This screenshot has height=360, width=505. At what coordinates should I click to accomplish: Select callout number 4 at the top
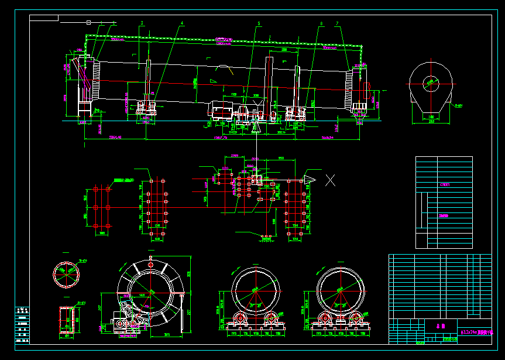point(182,23)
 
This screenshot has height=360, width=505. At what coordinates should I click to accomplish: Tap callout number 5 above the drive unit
point(258,23)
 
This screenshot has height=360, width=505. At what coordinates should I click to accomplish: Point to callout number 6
point(321,23)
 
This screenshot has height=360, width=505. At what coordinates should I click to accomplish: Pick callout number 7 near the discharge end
point(338,23)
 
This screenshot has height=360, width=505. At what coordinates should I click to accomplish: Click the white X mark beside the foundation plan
point(331,180)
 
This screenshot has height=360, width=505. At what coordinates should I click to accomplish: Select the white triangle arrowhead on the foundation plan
point(309,180)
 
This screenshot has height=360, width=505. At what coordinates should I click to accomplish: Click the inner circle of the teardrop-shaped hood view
point(432,83)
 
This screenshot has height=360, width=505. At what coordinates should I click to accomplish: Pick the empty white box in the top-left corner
point(44,18)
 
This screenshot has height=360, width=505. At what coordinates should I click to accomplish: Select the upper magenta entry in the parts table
point(445,184)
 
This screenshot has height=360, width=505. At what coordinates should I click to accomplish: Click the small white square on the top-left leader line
point(88,22)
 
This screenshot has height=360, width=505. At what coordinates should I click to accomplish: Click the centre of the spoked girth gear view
point(152,292)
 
